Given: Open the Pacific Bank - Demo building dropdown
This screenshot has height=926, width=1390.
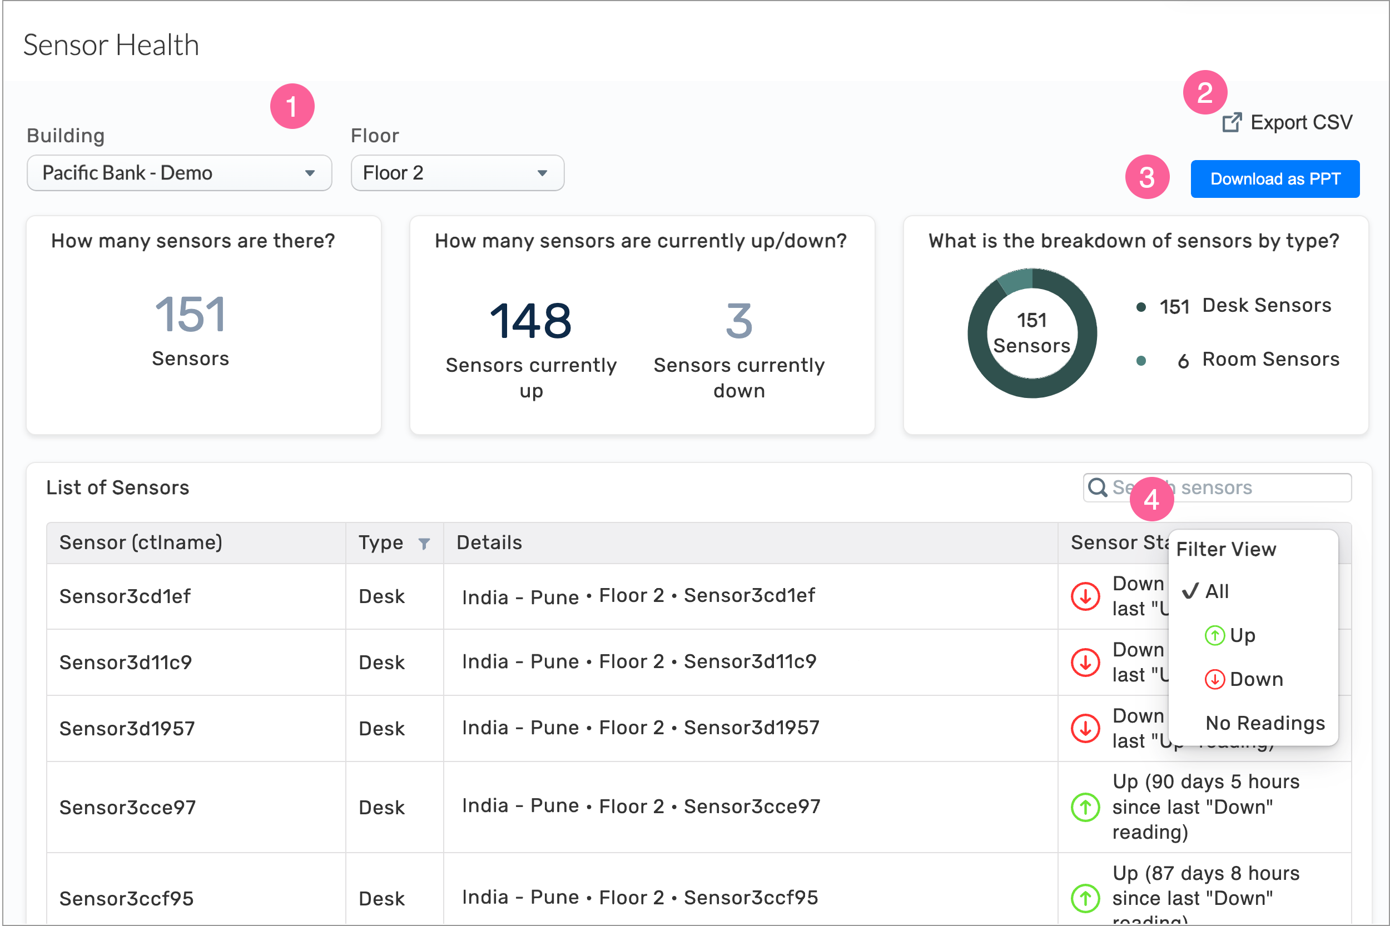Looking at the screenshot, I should (x=179, y=173).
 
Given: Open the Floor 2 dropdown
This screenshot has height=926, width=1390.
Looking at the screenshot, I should (x=456, y=173).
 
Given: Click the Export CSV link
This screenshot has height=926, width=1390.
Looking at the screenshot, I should (x=1288, y=123).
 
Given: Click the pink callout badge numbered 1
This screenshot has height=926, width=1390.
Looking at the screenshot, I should (x=292, y=107).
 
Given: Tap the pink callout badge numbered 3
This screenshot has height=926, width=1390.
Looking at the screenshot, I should (x=1146, y=177).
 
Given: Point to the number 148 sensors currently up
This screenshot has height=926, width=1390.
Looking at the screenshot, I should (x=530, y=321).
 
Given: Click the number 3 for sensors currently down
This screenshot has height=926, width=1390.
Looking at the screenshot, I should (x=738, y=321).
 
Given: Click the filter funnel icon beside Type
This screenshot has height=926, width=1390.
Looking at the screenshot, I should (x=424, y=544).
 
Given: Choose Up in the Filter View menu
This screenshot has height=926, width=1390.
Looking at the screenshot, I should (x=1242, y=635).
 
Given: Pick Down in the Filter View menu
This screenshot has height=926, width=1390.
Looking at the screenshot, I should (x=1255, y=679).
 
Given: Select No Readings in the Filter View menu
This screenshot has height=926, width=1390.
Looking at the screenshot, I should (x=1265, y=723).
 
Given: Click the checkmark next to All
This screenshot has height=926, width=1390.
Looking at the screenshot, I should (x=1190, y=591).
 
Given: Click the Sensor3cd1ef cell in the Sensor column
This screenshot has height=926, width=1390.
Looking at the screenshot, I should (x=125, y=596).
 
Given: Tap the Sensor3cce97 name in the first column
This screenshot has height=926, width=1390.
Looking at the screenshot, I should (x=127, y=807).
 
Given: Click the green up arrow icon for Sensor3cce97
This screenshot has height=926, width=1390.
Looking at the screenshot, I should (x=1085, y=807).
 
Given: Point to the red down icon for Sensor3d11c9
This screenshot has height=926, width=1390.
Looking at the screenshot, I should (x=1085, y=662).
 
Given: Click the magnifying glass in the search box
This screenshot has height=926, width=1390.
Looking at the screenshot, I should (x=1098, y=488).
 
